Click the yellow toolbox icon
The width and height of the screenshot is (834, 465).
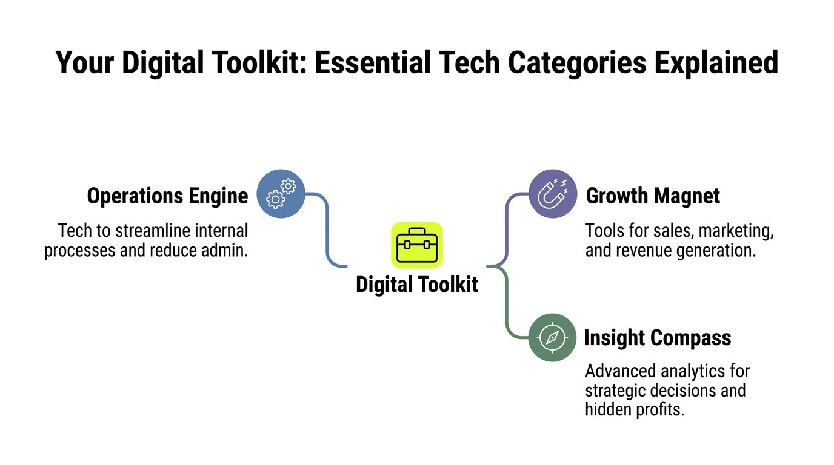click(x=417, y=245)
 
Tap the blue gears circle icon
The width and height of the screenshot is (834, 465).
click(x=281, y=193)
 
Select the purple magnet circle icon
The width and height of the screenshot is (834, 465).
click(x=553, y=193)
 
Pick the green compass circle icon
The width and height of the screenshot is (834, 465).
click(x=553, y=337)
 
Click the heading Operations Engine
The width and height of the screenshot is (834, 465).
click(x=167, y=196)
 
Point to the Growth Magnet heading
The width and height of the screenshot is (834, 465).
click(x=653, y=196)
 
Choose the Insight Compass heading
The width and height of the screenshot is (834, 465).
click(x=658, y=338)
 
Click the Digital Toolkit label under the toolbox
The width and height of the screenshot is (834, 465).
click(x=417, y=285)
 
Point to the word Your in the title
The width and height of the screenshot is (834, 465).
click(x=84, y=62)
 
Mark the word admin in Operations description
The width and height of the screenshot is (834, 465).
click(x=225, y=250)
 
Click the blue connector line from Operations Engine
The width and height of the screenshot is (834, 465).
click(x=327, y=230)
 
